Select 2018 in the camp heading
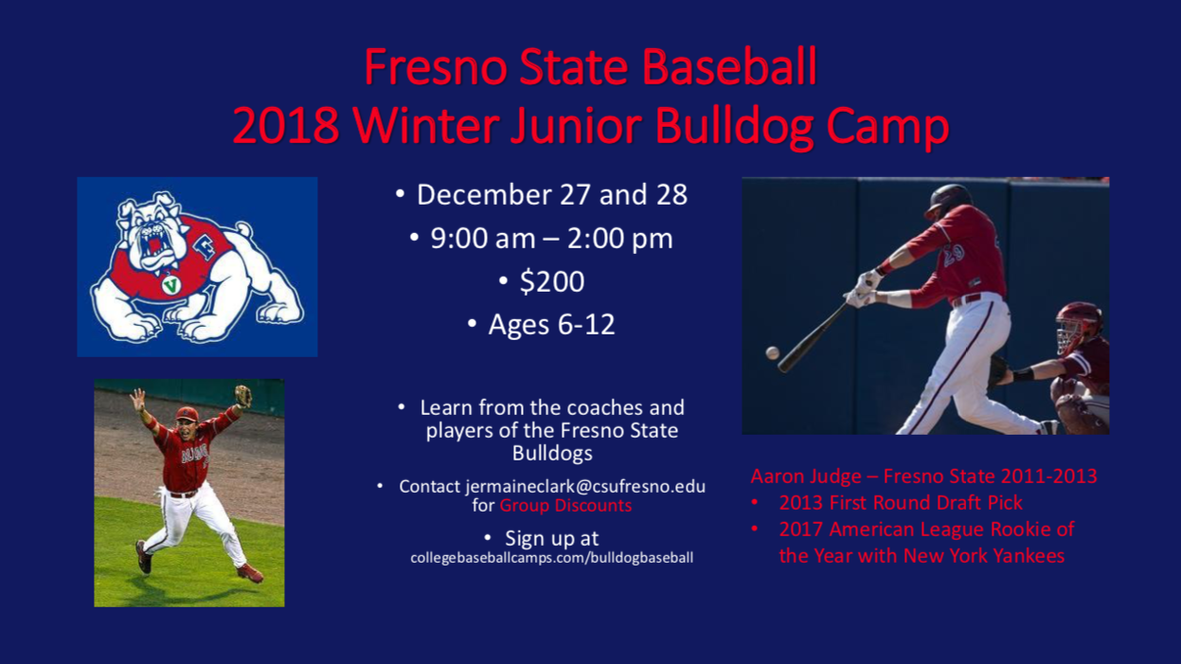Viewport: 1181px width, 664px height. pos(286,126)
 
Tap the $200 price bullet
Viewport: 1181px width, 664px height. pos(552,281)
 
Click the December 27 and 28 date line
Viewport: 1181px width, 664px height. pos(552,194)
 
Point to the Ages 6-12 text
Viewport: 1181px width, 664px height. pos(551,324)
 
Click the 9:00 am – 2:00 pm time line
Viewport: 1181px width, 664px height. pos(551,239)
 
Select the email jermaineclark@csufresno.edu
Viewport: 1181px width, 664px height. pos(585,486)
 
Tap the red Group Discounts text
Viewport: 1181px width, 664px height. pos(565,505)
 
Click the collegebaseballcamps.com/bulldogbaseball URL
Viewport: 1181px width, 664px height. pos(551,558)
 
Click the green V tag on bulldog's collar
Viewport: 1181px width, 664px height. pos(170,285)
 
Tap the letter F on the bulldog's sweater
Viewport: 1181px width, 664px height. pos(206,246)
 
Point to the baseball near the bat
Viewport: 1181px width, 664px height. pos(773,352)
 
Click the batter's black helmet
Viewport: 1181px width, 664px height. pos(948,200)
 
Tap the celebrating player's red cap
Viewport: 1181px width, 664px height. pos(187,414)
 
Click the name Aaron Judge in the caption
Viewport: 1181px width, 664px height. pos(806,476)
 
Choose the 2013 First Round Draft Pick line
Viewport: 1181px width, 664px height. pos(901,503)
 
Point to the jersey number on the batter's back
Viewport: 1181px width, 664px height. pos(954,253)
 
